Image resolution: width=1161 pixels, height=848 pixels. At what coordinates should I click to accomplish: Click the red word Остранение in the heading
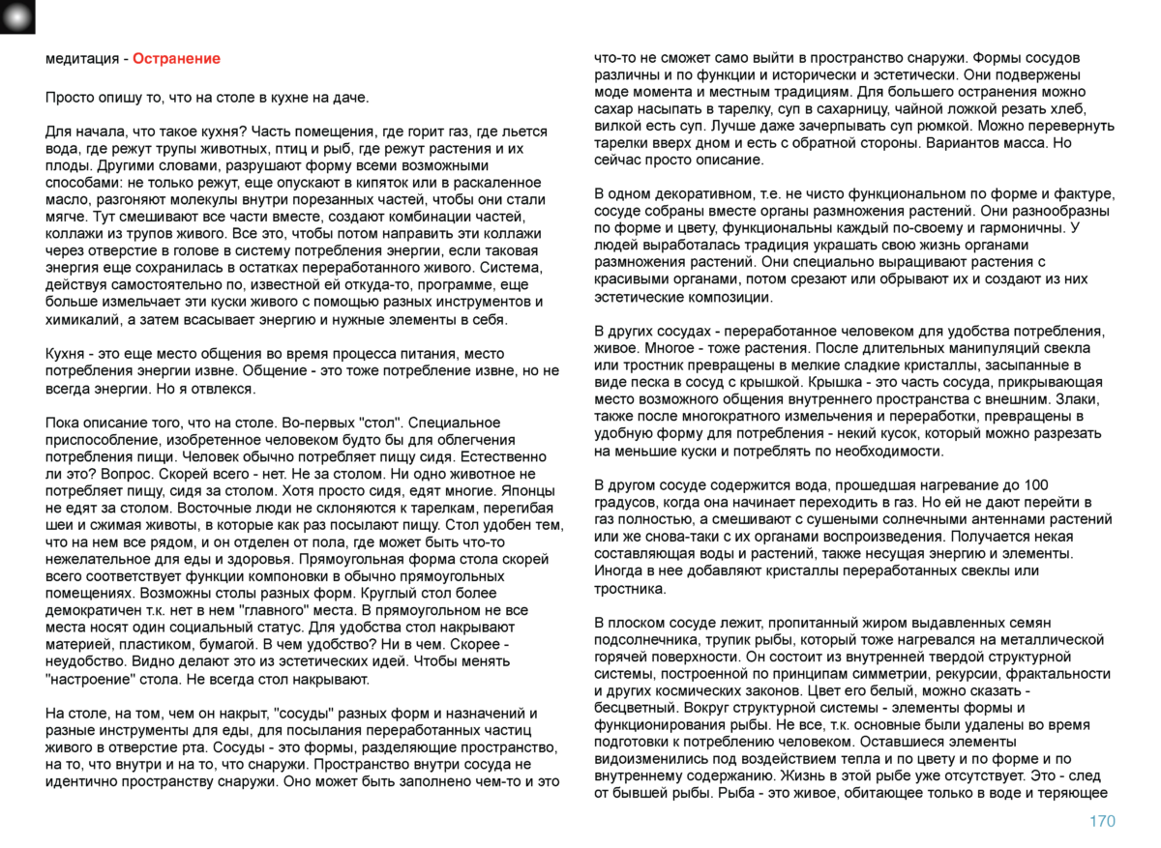coord(176,59)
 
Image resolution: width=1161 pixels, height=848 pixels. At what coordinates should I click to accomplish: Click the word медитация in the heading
coord(81,59)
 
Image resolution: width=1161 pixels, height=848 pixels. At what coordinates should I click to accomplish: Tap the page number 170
coord(1101,822)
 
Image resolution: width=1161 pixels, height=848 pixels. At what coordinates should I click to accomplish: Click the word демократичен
coord(91,611)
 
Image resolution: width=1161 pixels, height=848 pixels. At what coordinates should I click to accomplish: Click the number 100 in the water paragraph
coord(1036,485)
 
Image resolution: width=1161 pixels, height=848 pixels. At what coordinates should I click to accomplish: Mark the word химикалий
coord(81,320)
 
